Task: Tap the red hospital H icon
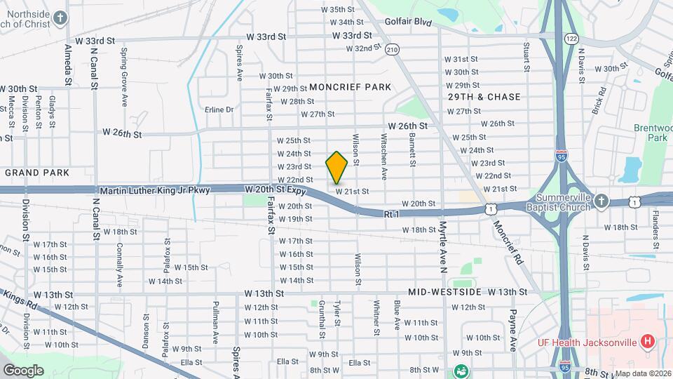click(x=648, y=342)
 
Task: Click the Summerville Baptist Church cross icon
click(x=600, y=202)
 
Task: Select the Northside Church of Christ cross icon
click(x=61, y=17)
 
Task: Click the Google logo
click(x=23, y=370)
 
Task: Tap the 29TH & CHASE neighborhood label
click(x=484, y=97)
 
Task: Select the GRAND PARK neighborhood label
click(x=37, y=172)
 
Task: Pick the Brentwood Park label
click(x=651, y=133)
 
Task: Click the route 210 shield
click(x=392, y=49)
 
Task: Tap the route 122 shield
click(x=571, y=39)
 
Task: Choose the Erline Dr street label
click(x=219, y=109)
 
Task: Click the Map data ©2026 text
click(x=642, y=373)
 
